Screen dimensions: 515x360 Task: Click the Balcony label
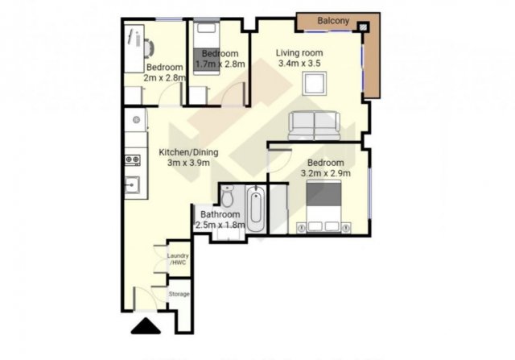(x=333, y=21)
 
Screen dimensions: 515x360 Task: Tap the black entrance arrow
(x=146, y=326)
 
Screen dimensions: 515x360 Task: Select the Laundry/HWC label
(x=178, y=259)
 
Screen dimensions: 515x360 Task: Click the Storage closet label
(x=179, y=294)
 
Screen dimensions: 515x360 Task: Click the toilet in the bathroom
(x=227, y=196)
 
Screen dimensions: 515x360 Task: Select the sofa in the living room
(x=314, y=126)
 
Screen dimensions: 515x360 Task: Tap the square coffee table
(x=315, y=84)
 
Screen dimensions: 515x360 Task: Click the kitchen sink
(x=132, y=184)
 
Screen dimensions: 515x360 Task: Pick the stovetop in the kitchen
(x=132, y=159)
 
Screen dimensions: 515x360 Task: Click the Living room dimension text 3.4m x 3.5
(x=299, y=63)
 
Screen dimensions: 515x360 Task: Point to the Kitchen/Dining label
(x=188, y=152)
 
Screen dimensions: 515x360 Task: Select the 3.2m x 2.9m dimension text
(x=325, y=173)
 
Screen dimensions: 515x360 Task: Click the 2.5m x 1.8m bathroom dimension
(x=220, y=226)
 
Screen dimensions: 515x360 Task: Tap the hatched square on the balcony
(x=363, y=27)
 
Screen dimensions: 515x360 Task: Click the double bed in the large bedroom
(x=323, y=206)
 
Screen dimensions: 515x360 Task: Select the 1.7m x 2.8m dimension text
(x=220, y=64)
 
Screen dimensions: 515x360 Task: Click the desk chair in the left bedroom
(x=149, y=48)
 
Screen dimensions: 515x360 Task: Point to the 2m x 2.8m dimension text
(x=165, y=78)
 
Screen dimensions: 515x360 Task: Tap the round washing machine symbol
(x=136, y=120)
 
